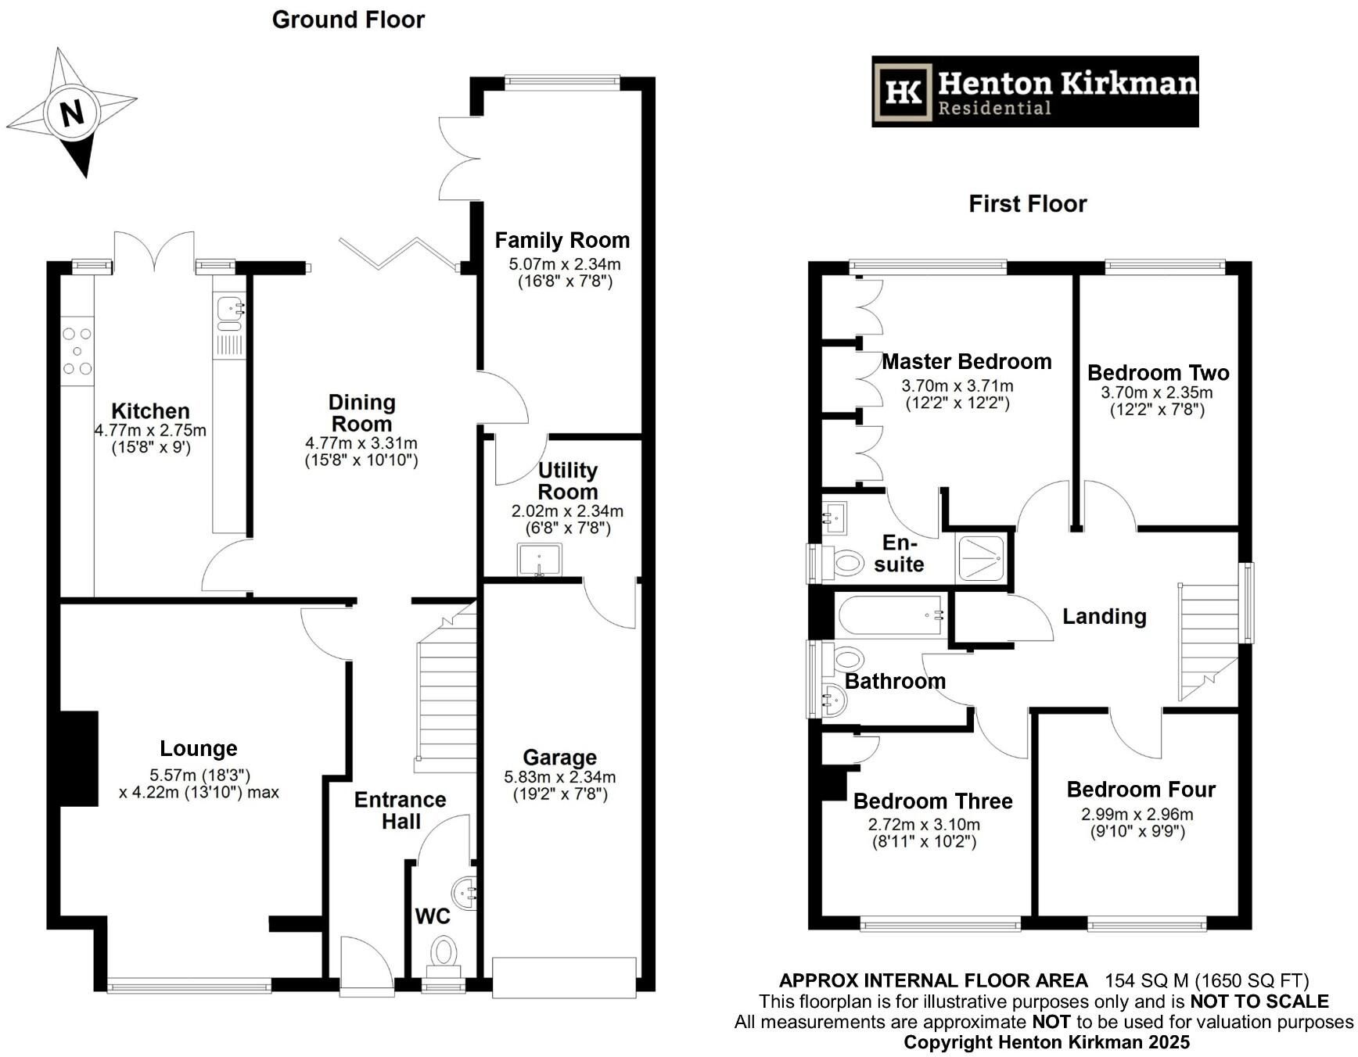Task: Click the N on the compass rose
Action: (x=72, y=113)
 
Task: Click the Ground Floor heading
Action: (x=348, y=20)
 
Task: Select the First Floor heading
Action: (x=1027, y=204)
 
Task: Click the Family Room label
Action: (x=562, y=240)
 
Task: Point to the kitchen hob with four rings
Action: (x=77, y=351)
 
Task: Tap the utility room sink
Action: (x=539, y=560)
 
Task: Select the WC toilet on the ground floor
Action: (x=444, y=957)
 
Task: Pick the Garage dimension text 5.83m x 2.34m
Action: (x=560, y=777)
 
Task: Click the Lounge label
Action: (x=199, y=748)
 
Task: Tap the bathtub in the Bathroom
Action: (x=891, y=614)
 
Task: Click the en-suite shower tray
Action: (x=981, y=558)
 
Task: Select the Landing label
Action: (x=1104, y=616)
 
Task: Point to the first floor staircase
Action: (x=1209, y=641)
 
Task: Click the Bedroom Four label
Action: (x=1141, y=790)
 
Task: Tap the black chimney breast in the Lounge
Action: (x=78, y=758)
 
